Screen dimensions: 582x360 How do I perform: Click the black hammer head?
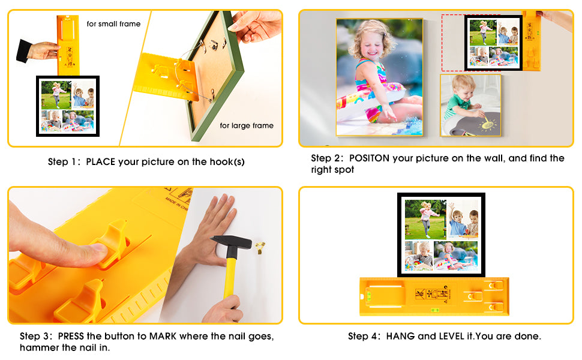point(231,243)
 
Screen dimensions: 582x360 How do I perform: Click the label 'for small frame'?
point(113,24)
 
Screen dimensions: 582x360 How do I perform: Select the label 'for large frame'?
point(247,125)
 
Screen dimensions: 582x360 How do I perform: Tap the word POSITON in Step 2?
point(369,158)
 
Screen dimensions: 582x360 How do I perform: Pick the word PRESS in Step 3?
point(71,336)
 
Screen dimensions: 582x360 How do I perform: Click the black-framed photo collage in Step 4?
point(442,235)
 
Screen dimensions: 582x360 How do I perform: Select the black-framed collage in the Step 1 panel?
point(68,106)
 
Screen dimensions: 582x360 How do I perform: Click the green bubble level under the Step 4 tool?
point(434,310)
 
